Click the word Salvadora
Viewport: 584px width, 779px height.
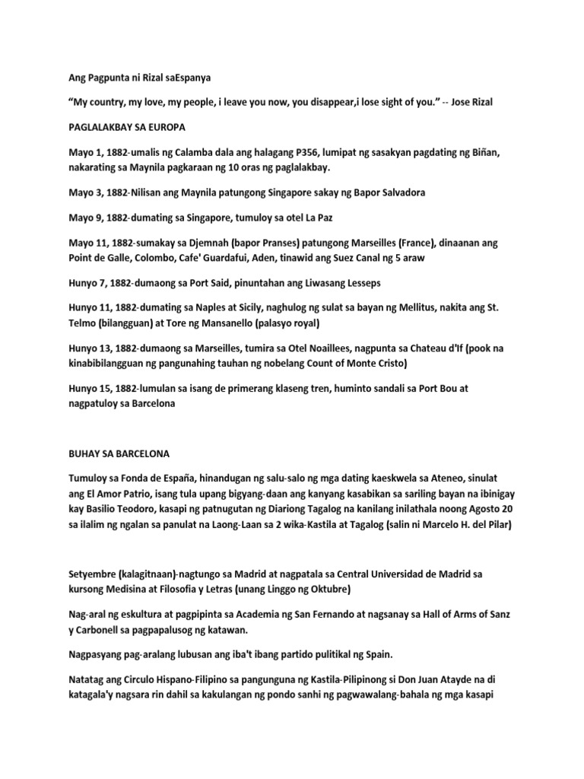pos(398,192)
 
